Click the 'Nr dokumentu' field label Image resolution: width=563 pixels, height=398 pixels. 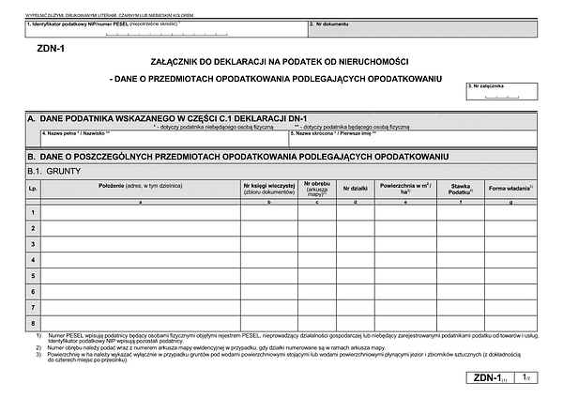point(329,23)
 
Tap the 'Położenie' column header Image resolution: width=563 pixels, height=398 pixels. point(140,187)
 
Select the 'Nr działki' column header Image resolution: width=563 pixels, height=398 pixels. point(358,189)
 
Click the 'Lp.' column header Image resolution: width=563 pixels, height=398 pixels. point(33,189)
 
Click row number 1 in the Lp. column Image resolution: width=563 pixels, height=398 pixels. point(33,211)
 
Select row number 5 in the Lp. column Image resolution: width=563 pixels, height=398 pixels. point(33,275)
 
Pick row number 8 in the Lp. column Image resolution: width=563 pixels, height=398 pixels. point(33,323)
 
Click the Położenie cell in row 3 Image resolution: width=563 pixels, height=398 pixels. point(140,243)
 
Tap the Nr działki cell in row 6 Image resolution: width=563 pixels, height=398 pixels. point(358,291)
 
